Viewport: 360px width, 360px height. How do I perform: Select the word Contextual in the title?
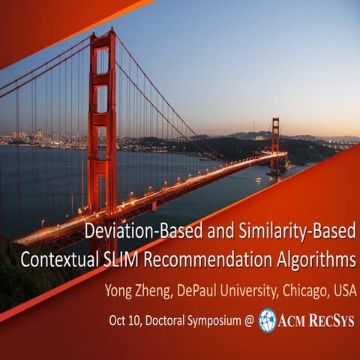(x=60, y=260)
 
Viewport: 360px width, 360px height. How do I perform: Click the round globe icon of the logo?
(x=268, y=320)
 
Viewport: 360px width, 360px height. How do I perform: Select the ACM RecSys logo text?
(x=315, y=320)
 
